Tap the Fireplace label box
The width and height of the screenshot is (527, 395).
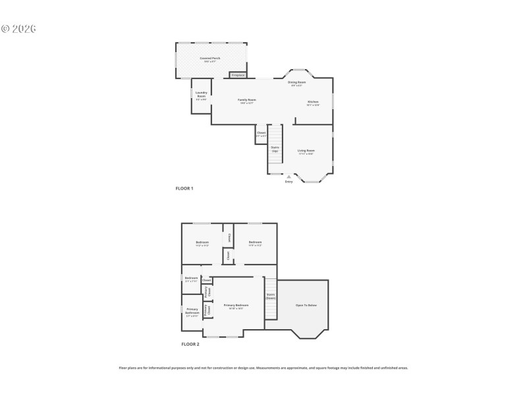tap(238, 75)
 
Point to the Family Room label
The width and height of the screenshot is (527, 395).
tap(247, 101)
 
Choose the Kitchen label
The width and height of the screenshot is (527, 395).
tap(313, 103)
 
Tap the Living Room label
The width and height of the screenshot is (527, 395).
tap(306, 151)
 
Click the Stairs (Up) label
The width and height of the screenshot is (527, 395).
tap(275, 149)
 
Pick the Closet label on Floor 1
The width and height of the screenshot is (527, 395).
tap(261, 134)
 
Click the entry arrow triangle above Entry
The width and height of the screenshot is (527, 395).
tap(289, 176)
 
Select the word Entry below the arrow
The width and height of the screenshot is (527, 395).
tap(289, 182)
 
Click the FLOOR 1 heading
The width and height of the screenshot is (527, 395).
tap(184, 188)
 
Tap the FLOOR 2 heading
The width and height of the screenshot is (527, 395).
tap(190, 344)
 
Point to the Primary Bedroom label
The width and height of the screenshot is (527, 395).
tap(236, 306)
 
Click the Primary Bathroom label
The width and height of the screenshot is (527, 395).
tap(192, 311)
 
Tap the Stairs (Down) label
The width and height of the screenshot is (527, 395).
tap(270, 296)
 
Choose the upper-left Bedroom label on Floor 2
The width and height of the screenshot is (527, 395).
tap(202, 244)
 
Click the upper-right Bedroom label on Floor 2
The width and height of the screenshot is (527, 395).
tap(255, 244)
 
